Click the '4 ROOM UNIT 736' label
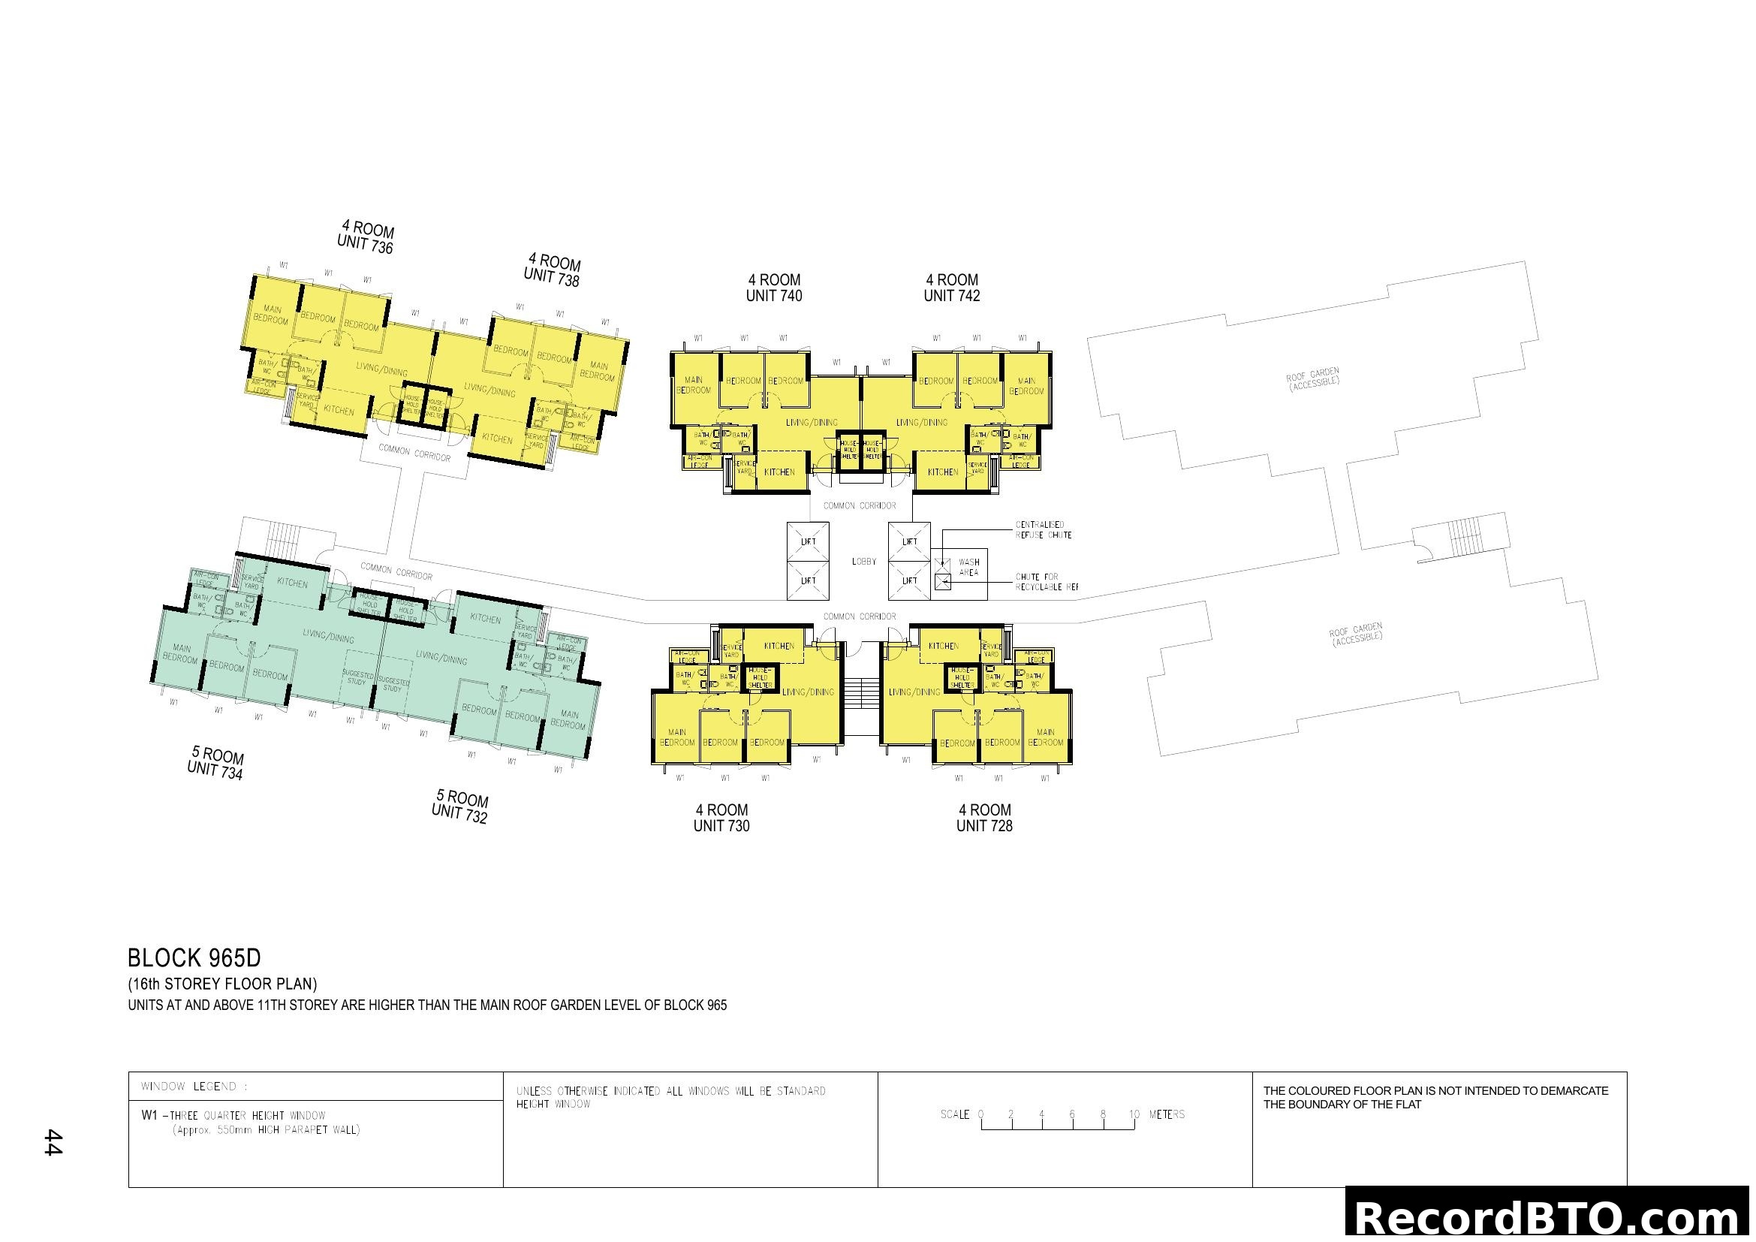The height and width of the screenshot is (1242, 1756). click(x=366, y=237)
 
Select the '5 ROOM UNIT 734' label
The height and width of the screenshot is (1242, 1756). click(x=216, y=764)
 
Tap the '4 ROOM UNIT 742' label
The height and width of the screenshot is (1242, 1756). click(x=951, y=288)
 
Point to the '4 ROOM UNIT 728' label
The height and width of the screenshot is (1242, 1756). click(x=984, y=818)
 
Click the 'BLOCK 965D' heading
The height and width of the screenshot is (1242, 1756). click(x=194, y=958)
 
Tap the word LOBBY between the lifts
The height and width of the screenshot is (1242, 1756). click(x=864, y=562)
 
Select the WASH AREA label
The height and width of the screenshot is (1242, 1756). click(x=968, y=567)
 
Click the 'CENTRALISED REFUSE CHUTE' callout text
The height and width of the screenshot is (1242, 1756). click(x=1044, y=530)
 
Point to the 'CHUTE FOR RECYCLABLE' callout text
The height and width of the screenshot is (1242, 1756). click(x=1046, y=582)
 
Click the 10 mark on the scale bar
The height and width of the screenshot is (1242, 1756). click(x=1134, y=1114)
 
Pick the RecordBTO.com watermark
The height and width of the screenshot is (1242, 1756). click(x=1550, y=1218)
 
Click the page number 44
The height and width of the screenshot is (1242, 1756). click(x=52, y=1142)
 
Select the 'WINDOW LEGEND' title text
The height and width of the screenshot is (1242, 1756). click(x=194, y=1087)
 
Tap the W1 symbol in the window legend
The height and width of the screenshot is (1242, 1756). click(x=149, y=1115)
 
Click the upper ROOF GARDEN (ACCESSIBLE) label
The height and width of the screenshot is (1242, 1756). click(x=1312, y=379)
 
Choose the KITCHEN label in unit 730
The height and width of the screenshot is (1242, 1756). click(x=779, y=647)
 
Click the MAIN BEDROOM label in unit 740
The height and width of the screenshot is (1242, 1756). click(x=694, y=384)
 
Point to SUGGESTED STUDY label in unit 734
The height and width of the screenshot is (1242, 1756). click(x=357, y=677)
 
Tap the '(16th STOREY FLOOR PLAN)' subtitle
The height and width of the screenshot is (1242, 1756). click(x=222, y=984)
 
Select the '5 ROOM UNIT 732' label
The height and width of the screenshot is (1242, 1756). click(x=460, y=806)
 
